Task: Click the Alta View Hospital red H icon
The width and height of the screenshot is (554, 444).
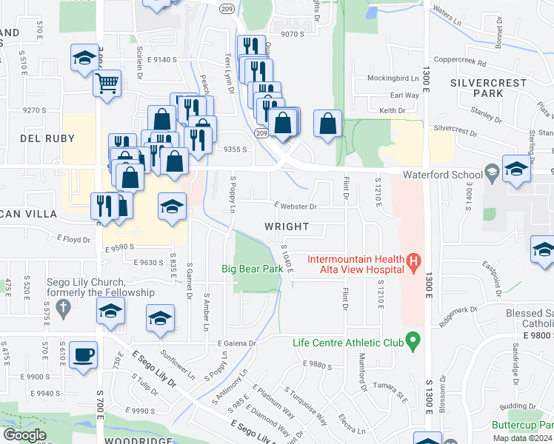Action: click(414, 260)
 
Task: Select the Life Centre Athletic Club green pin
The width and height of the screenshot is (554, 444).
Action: click(414, 342)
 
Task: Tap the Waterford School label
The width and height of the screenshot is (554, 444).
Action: click(442, 175)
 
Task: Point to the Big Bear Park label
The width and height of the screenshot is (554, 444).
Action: click(253, 269)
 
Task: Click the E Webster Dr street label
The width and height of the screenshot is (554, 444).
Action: click(295, 206)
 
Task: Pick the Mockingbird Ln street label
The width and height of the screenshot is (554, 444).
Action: click(393, 78)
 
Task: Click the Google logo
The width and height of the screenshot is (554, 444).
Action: click(24, 435)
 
